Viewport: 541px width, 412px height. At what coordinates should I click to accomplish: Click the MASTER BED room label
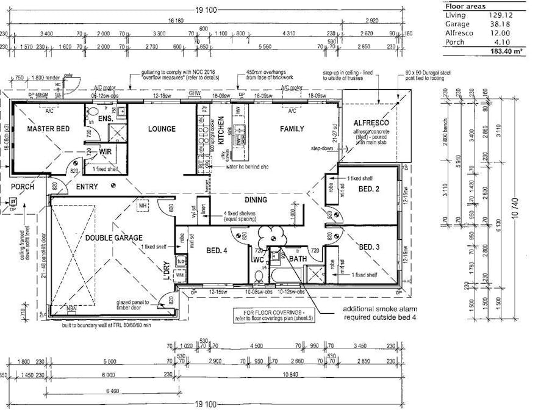(48, 129)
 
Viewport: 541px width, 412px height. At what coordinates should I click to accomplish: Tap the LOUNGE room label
(162, 129)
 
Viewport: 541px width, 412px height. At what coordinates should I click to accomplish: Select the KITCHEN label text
(221, 129)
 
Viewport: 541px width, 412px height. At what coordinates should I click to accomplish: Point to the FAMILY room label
(292, 129)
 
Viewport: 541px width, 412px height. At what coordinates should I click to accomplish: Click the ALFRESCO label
(371, 123)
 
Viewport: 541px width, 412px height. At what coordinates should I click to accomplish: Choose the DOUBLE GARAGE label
(113, 237)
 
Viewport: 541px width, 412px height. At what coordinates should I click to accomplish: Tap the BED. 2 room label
(369, 189)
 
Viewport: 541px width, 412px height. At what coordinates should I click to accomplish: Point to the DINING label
(256, 200)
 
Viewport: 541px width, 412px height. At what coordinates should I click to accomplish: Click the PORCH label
(22, 187)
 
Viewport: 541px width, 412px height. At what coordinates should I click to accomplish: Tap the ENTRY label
(88, 187)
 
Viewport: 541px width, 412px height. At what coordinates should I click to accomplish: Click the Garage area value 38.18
(498, 24)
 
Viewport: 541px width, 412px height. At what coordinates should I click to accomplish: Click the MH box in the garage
(145, 206)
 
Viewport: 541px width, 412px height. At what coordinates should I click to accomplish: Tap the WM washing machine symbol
(180, 275)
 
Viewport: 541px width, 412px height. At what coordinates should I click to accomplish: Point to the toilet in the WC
(259, 276)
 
